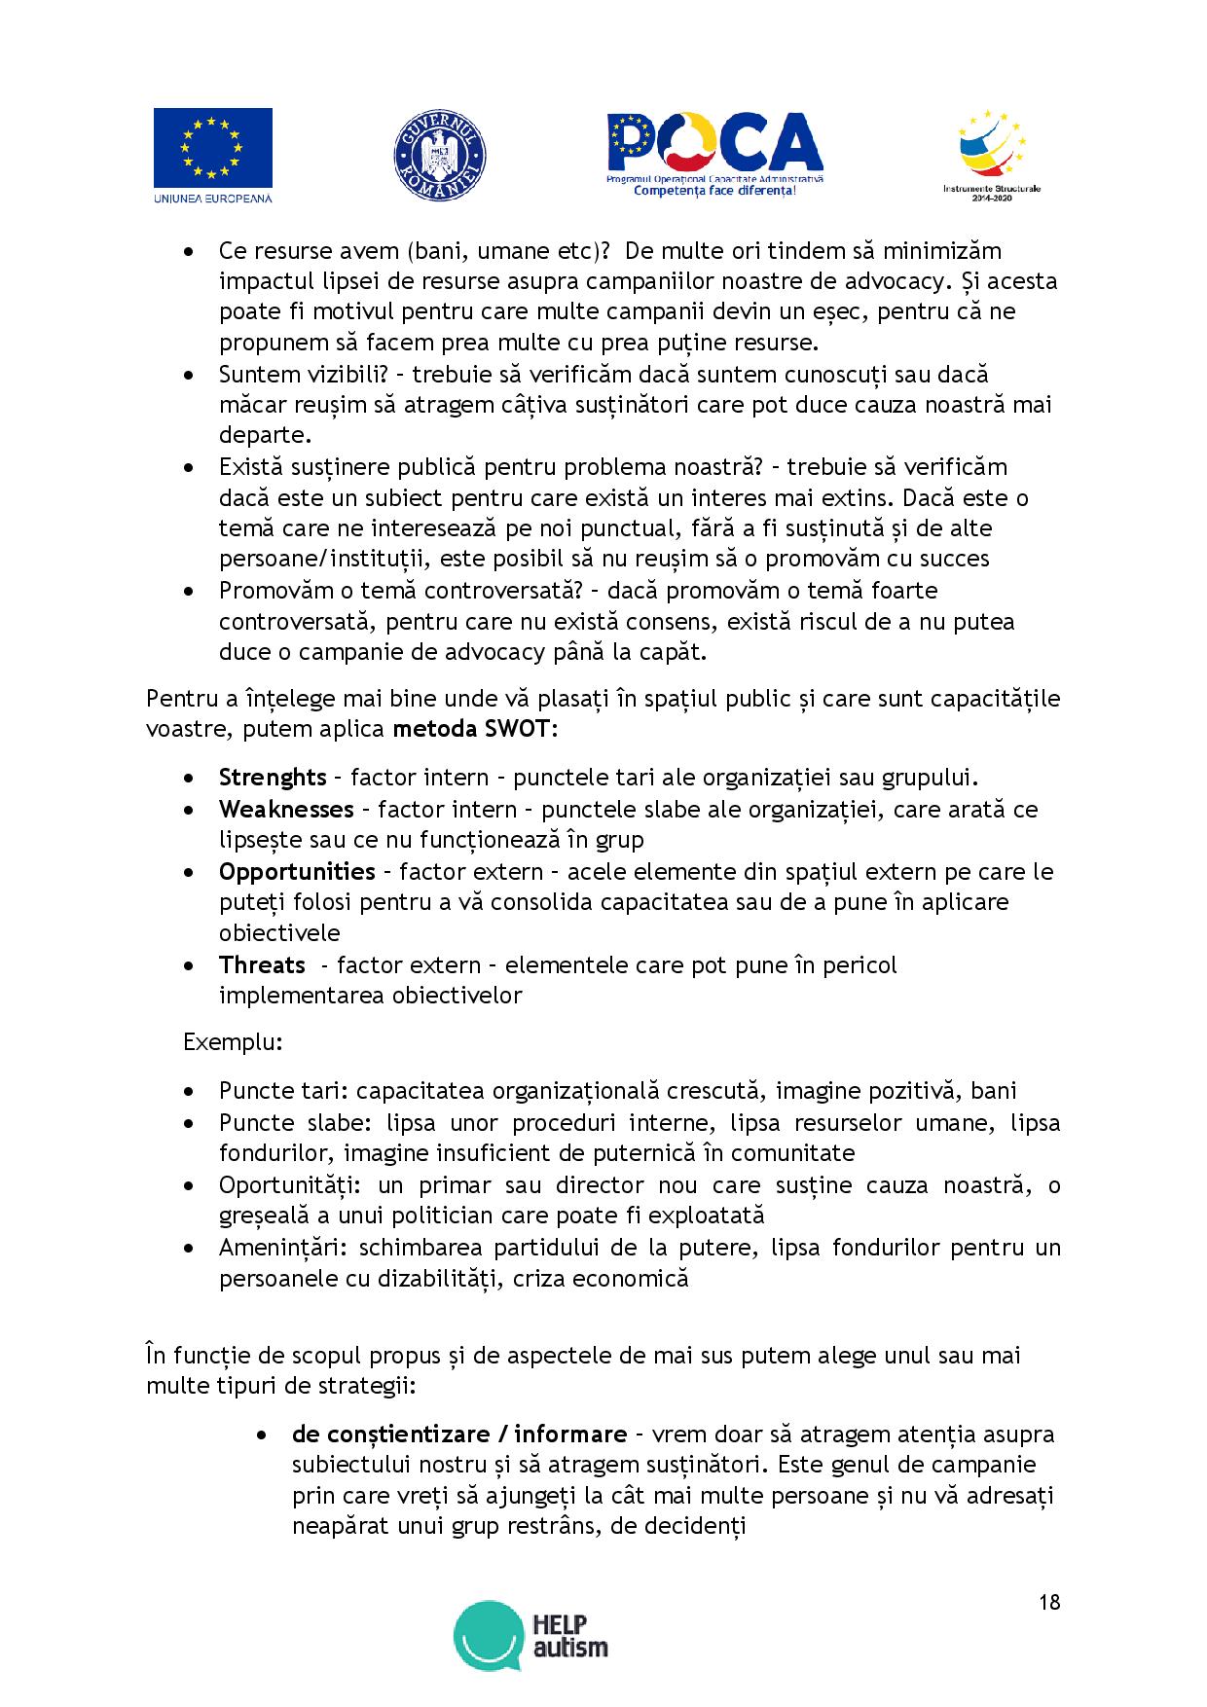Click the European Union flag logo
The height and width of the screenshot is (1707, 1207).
pyautogui.click(x=212, y=156)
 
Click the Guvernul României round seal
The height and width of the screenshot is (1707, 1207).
pyautogui.click(x=440, y=157)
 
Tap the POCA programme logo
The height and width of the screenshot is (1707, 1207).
pyautogui.click(x=714, y=154)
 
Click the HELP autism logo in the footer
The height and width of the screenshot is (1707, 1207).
pyautogui.click(x=531, y=1634)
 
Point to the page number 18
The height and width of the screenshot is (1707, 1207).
pyautogui.click(x=1049, y=1602)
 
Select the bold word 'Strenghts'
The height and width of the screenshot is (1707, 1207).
pyautogui.click(x=272, y=778)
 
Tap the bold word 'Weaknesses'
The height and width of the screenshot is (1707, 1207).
pyautogui.click(x=286, y=809)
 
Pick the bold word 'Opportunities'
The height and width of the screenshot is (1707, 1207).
pyautogui.click(x=297, y=871)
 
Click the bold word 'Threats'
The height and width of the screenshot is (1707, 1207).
pyautogui.click(x=262, y=964)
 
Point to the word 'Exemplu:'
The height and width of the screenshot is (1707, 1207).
pyautogui.click(x=234, y=1042)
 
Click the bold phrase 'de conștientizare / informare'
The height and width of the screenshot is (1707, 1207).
pyautogui.click(x=458, y=1434)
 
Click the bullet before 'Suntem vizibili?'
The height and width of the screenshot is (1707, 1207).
pyautogui.click(x=190, y=375)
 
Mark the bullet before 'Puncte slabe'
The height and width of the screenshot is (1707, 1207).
pyautogui.click(x=190, y=1123)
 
